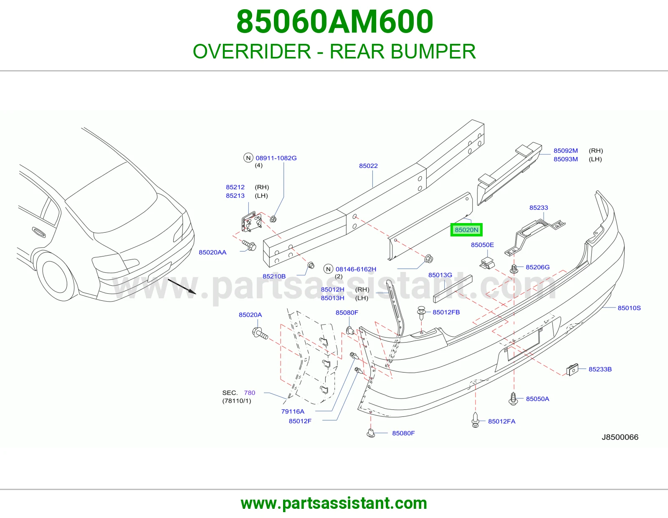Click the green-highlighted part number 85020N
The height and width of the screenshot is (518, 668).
pyautogui.click(x=466, y=230)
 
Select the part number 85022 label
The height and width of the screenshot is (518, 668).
pyautogui.click(x=368, y=166)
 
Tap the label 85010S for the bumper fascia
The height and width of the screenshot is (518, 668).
pyautogui.click(x=629, y=308)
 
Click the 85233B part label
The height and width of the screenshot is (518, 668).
pyautogui.click(x=600, y=369)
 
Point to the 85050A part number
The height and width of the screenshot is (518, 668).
pyautogui.click(x=537, y=399)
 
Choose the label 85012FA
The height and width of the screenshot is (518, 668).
pyautogui.click(x=502, y=422)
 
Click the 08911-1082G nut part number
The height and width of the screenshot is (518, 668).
pyautogui.click(x=276, y=158)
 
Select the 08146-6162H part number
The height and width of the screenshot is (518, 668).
pyautogui.click(x=356, y=269)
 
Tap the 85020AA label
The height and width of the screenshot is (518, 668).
pyautogui.click(x=213, y=252)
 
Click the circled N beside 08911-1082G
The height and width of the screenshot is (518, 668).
pyautogui.click(x=248, y=158)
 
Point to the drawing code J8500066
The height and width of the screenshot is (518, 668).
pyautogui.click(x=620, y=437)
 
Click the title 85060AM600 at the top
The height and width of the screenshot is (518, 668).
pyautogui.click(x=334, y=22)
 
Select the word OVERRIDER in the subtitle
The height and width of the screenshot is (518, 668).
pyautogui.click(x=252, y=51)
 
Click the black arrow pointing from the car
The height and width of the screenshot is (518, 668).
pyautogui.click(x=182, y=287)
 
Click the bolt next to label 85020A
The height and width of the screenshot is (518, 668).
pyautogui.click(x=260, y=333)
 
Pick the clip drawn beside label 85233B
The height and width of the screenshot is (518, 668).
pyautogui.click(x=572, y=369)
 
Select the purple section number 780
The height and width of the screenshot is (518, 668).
pyautogui.click(x=249, y=393)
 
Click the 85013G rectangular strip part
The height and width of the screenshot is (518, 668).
pyautogui.click(x=453, y=289)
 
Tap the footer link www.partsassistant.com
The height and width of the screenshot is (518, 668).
pyautogui.click(x=334, y=503)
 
